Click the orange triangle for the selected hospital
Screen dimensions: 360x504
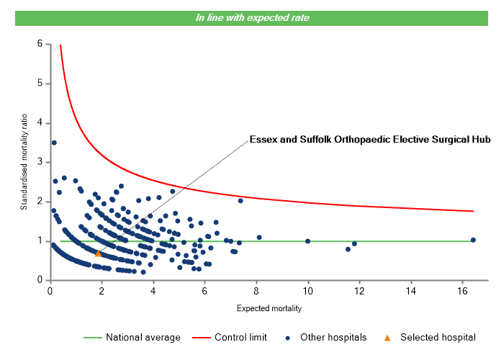(x=98, y=253)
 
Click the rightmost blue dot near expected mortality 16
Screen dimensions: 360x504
(x=473, y=240)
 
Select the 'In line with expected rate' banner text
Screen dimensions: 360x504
(x=252, y=17)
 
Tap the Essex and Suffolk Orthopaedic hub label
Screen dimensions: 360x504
(x=369, y=139)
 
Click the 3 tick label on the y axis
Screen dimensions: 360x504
(x=40, y=162)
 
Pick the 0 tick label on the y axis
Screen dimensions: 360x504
(x=40, y=280)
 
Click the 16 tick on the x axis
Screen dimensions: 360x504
(x=463, y=292)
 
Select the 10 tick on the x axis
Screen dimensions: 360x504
(x=308, y=292)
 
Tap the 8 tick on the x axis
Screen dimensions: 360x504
(x=256, y=292)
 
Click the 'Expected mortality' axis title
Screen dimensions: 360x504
(x=269, y=309)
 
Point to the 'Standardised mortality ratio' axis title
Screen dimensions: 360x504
(x=24, y=161)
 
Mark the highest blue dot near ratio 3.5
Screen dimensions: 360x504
(x=54, y=143)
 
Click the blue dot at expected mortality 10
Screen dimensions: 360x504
(x=308, y=241)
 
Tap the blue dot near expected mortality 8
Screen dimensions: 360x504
(x=259, y=238)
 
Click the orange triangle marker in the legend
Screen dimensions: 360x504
(x=387, y=337)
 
